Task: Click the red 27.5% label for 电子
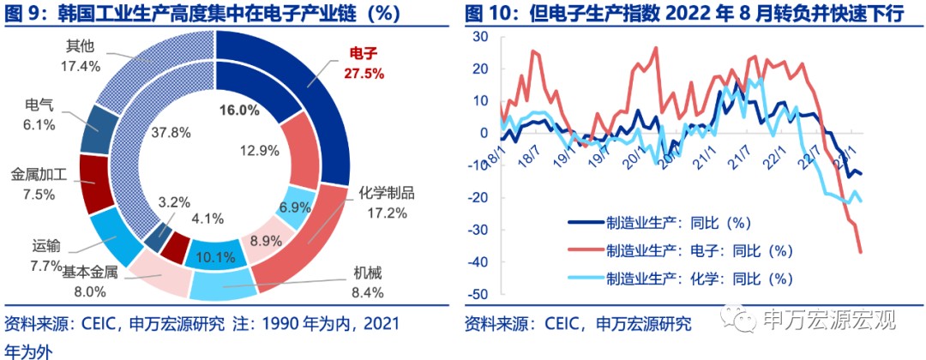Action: pyautogui.click(x=364, y=74)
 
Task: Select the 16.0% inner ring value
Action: pyautogui.click(x=239, y=110)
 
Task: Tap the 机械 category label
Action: pyautogui.click(x=368, y=273)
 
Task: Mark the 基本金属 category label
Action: pyautogui.click(x=90, y=273)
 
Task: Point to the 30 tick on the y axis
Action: pyautogui.click(x=480, y=37)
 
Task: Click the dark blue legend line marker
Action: pyautogui.click(x=587, y=223)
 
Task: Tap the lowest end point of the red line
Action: pyautogui.click(x=860, y=251)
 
